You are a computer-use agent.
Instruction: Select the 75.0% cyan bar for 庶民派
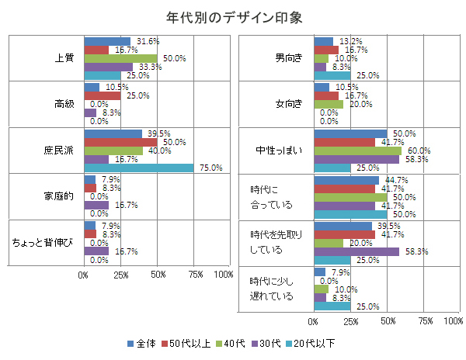click(139, 168)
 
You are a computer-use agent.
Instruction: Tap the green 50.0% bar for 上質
click(120, 58)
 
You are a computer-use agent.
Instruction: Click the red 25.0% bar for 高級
click(102, 95)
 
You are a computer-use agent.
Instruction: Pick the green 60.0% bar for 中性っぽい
click(358, 151)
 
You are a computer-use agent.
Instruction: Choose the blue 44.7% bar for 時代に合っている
click(346, 180)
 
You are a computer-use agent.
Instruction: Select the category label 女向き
click(289, 104)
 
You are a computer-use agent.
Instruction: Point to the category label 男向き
click(289, 58)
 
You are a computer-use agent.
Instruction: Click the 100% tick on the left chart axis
click(223, 275)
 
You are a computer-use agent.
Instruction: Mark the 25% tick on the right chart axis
click(350, 320)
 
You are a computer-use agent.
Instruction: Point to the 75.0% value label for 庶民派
click(211, 168)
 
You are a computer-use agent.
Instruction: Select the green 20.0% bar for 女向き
click(328, 104)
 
